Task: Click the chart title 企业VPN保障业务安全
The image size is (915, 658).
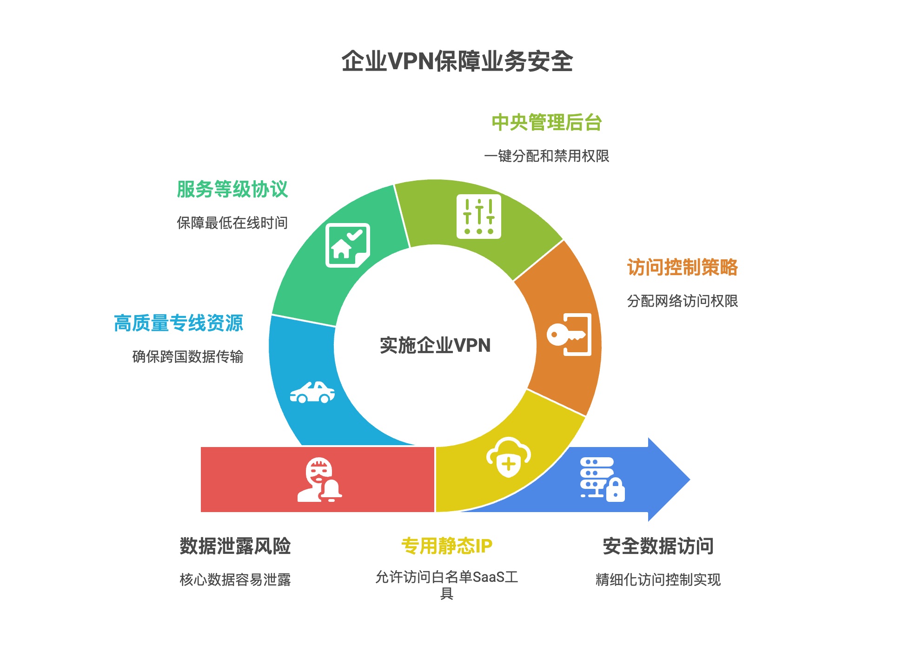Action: pyautogui.click(x=457, y=61)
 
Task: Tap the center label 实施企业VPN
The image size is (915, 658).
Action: pyautogui.click(x=435, y=345)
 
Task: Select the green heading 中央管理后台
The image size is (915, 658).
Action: pyautogui.click(x=547, y=123)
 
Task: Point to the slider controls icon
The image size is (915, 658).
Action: pyautogui.click(x=479, y=217)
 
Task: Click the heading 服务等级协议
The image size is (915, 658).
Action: pyautogui.click(x=232, y=190)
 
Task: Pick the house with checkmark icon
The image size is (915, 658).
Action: pyautogui.click(x=347, y=245)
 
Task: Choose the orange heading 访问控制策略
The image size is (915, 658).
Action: pyautogui.click(x=683, y=268)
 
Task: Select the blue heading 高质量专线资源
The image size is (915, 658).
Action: pyautogui.click(x=179, y=323)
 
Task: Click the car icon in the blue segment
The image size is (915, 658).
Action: pyautogui.click(x=312, y=393)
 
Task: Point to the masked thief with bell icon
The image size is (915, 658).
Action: pyautogui.click(x=319, y=480)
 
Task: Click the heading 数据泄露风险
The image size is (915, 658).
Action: pyautogui.click(x=235, y=546)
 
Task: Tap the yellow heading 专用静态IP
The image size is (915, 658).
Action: pyautogui.click(x=447, y=546)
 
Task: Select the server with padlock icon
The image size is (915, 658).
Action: pyautogui.click(x=602, y=479)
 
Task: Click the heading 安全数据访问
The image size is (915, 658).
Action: pyautogui.click(x=658, y=546)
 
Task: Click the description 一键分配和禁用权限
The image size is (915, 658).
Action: pyautogui.click(x=547, y=156)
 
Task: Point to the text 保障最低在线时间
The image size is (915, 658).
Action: pyautogui.click(x=232, y=223)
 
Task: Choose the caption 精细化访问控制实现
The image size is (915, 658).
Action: pyautogui.click(x=658, y=579)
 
